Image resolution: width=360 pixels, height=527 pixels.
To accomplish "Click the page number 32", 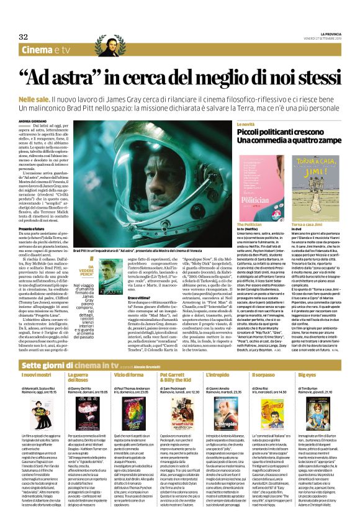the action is (24, 37).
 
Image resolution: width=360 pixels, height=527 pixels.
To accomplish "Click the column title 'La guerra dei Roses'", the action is (79, 361).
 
